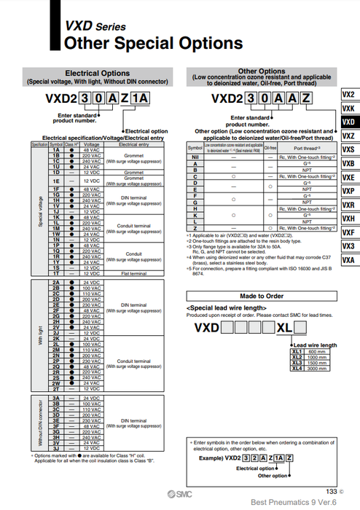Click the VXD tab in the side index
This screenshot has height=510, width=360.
pyautogui.click(x=348, y=122)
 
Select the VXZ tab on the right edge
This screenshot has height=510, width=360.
pyautogui.click(x=348, y=136)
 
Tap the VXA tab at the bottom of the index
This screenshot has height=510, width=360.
pyautogui.click(x=348, y=260)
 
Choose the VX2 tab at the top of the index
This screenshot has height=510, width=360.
pyautogui.click(x=348, y=95)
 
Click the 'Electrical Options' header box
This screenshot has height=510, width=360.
pyautogui.click(x=98, y=77)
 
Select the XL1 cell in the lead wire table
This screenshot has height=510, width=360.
pyautogui.click(x=296, y=351)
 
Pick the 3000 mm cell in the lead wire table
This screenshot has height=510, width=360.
pyautogui.click(x=317, y=369)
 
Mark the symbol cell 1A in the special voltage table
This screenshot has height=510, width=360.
pyautogui.click(x=55, y=149)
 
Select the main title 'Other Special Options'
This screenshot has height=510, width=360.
pyautogui.click(x=153, y=44)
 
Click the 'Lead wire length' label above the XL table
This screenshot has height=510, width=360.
pyautogui.click(x=315, y=345)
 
